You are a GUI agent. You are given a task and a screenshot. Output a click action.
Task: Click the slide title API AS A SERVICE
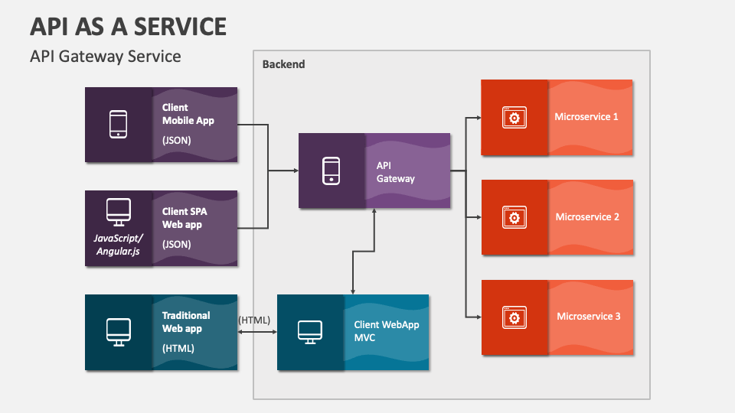click(x=128, y=26)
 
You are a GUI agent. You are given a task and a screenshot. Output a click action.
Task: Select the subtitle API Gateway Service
click(x=105, y=57)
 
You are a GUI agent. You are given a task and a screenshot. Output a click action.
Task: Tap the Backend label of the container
click(x=283, y=64)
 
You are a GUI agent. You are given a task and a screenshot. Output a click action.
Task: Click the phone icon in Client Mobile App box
click(x=118, y=125)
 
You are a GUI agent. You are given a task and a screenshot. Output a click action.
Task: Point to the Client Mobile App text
click(x=188, y=115)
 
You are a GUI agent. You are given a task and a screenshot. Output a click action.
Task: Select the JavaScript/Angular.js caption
click(x=117, y=245)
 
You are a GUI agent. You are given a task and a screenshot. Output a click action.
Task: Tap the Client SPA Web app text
click(x=185, y=218)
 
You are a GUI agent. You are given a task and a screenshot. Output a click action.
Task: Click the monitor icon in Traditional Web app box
click(x=118, y=331)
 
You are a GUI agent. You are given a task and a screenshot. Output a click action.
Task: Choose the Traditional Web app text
click(x=186, y=321)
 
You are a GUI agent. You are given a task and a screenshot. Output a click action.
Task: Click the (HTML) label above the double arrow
click(x=254, y=320)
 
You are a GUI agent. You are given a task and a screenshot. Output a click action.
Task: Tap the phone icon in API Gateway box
click(x=331, y=171)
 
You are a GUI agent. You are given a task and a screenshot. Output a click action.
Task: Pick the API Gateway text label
click(x=395, y=172)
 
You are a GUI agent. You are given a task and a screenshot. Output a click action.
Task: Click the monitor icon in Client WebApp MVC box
click(x=309, y=332)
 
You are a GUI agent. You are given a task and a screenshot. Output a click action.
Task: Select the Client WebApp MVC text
click(x=386, y=330)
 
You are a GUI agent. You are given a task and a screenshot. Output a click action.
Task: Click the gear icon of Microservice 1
click(x=514, y=118)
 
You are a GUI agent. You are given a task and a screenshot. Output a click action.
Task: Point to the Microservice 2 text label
click(x=587, y=217)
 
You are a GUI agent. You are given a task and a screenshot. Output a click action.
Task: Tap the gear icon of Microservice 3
click(x=514, y=317)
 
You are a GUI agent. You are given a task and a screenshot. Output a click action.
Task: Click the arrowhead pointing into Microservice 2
click(x=477, y=217)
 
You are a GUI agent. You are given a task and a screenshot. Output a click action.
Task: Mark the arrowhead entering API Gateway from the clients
click(x=295, y=171)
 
